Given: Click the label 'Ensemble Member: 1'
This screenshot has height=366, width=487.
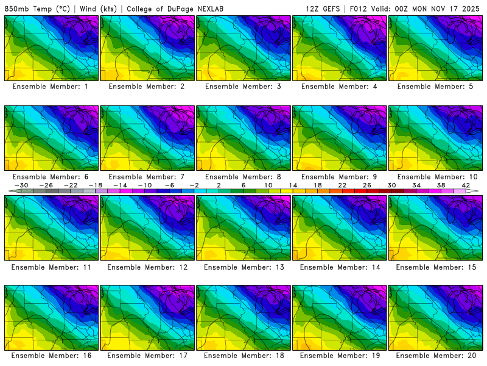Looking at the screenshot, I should click(51, 87).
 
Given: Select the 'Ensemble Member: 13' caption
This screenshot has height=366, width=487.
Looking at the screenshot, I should click(243, 267).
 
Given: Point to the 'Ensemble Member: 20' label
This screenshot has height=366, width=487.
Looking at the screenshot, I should click(436, 356).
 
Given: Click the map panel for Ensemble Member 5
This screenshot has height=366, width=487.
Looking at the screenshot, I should click(436, 48).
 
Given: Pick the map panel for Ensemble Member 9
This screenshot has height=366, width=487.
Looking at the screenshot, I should click(340, 138).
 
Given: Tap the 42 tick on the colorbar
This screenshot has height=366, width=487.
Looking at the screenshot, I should click(466, 185).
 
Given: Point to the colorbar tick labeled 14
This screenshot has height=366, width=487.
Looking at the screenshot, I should click(292, 185).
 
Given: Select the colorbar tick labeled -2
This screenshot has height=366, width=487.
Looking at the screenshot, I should click(194, 185).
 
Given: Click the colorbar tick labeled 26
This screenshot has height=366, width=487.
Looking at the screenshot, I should click(367, 185).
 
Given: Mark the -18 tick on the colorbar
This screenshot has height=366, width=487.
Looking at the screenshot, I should click(96, 185).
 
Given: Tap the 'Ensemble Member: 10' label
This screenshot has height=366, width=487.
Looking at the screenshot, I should click(436, 177).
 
